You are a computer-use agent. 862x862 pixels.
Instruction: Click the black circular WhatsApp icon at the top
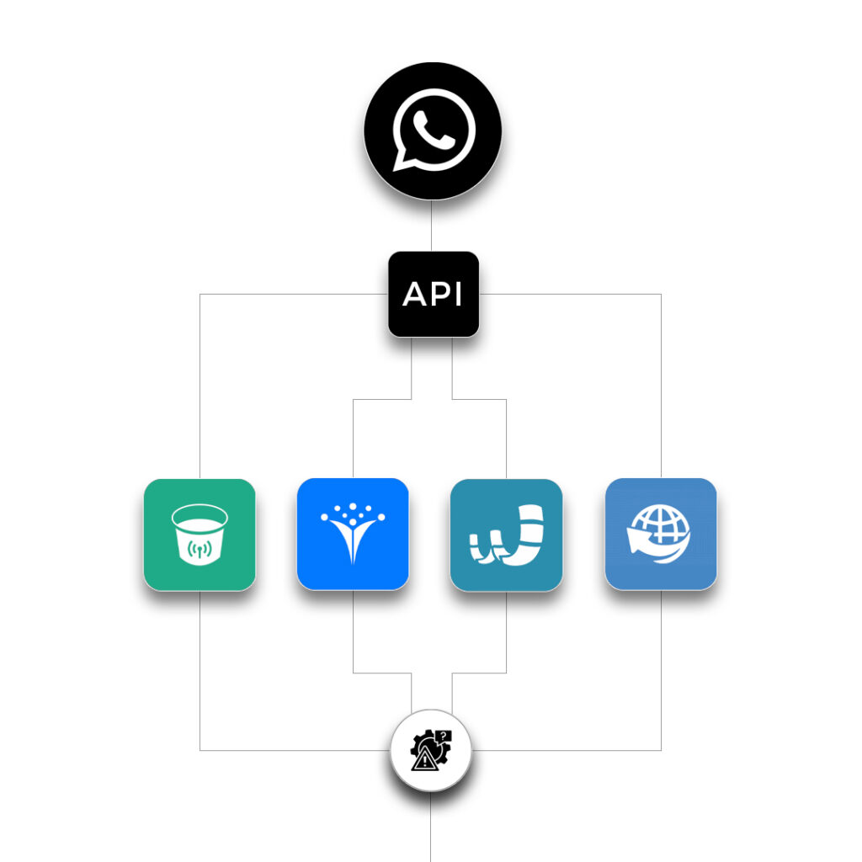433,130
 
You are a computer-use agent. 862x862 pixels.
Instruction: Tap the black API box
434,294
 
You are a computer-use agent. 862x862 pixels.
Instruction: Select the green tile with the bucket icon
200,535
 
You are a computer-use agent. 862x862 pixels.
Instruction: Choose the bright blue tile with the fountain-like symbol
353,534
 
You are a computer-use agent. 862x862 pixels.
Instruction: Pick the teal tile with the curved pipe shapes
506,535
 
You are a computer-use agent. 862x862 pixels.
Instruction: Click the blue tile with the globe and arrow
661,534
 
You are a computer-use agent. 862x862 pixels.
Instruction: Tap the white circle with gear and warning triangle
431,750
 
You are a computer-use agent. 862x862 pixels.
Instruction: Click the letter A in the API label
414,294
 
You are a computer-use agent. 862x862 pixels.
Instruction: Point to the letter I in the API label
459,294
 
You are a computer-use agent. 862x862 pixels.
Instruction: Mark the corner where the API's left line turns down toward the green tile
200,294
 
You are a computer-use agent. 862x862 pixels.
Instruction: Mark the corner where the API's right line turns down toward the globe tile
661,294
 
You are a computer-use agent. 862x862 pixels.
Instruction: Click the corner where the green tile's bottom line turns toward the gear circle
200,750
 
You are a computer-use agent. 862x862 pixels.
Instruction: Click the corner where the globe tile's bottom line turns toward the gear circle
661,750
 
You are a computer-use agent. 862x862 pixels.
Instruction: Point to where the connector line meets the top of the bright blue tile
353,478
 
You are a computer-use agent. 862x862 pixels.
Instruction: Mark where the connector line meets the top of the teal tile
506,479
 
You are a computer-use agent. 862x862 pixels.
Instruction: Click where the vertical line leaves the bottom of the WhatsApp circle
432,200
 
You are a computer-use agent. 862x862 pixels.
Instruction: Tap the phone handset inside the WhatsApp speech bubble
434,130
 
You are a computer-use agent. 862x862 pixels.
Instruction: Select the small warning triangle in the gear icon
424,760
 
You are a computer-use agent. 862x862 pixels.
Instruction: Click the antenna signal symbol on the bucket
200,549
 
